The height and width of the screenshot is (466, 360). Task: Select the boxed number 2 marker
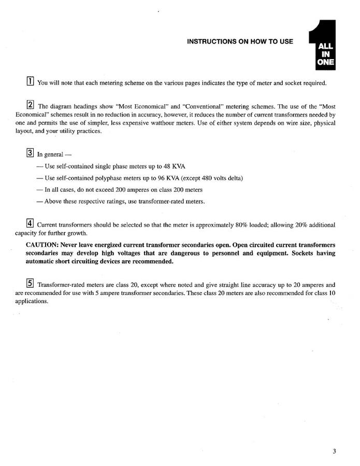[x=31, y=105]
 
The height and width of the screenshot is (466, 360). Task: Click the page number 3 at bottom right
[x=335, y=451]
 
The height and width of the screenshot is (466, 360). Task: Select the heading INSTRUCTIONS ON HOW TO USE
[x=240, y=41]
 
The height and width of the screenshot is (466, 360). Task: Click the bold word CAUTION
[x=42, y=245]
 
